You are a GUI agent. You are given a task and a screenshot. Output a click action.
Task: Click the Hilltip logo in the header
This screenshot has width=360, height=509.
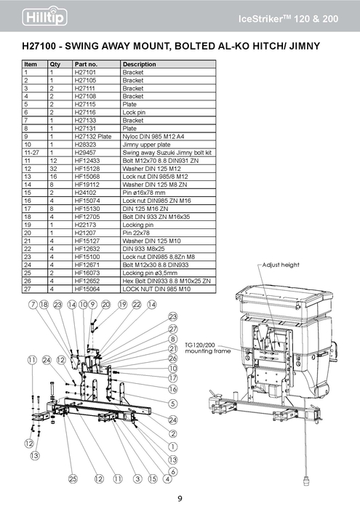(x=45, y=16)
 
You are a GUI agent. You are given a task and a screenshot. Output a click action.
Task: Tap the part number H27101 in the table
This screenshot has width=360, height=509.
(x=85, y=73)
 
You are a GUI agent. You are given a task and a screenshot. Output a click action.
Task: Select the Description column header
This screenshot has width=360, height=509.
(x=139, y=64)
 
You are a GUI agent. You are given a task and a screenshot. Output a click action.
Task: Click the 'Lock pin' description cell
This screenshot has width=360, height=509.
(x=134, y=113)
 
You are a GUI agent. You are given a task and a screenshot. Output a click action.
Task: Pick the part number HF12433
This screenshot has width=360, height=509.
(x=87, y=161)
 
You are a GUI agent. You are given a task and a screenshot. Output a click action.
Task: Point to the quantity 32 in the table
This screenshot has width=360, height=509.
(x=53, y=169)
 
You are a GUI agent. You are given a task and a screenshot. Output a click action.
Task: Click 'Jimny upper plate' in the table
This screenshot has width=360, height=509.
(x=146, y=145)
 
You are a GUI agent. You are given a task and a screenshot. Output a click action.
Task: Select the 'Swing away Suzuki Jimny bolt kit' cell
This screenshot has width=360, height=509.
(x=167, y=153)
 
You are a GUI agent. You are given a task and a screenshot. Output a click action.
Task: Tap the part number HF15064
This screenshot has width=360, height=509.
(x=87, y=289)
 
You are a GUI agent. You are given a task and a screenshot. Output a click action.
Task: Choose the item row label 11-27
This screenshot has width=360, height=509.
(x=31, y=153)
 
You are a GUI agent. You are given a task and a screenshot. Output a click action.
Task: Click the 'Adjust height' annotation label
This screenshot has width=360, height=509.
(x=281, y=265)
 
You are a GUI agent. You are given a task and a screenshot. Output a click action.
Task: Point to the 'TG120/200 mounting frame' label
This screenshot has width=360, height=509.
(x=207, y=348)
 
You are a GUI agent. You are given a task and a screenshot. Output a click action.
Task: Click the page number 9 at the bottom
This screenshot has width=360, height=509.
(x=180, y=499)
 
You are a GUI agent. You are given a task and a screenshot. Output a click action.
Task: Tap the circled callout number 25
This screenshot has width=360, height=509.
(x=73, y=478)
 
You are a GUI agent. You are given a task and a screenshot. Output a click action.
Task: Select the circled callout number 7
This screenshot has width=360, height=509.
(x=33, y=305)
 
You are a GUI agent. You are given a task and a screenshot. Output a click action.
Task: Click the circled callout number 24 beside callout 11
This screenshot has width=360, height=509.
(x=47, y=360)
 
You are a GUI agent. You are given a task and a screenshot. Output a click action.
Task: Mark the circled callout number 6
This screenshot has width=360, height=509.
(x=173, y=471)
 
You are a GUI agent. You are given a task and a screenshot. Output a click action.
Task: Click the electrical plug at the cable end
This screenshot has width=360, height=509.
(x=306, y=481)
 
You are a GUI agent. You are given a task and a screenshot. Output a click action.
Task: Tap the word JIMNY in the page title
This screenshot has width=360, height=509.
(x=305, y=46)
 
